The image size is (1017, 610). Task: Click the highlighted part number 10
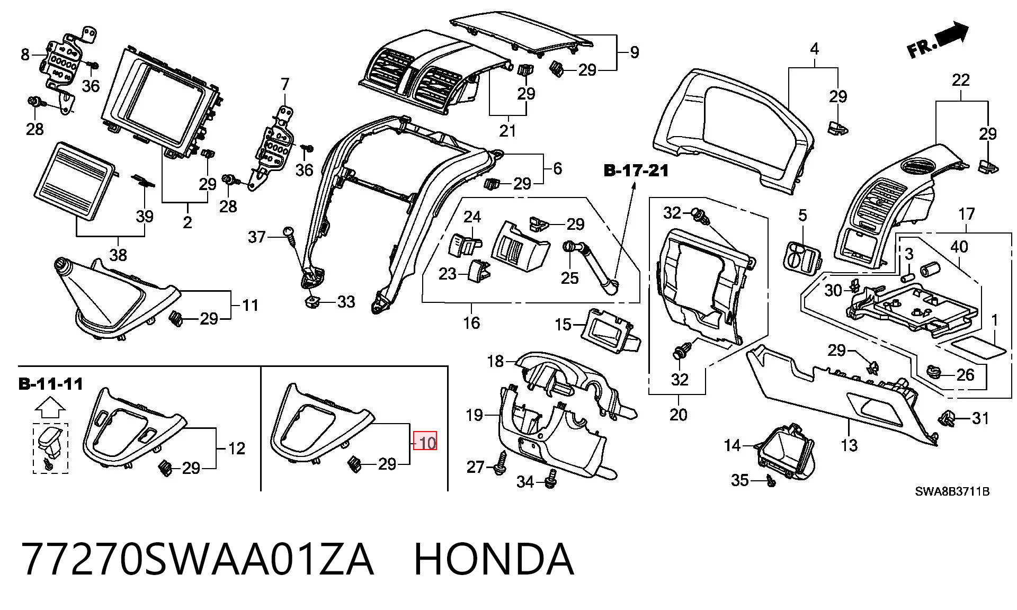coord(425,441)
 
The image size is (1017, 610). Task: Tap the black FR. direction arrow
coord(952,34)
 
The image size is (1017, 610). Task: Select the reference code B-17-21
coord(636,171)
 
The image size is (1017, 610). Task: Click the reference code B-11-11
coord(51,384)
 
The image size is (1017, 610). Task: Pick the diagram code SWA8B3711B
coord(952,492)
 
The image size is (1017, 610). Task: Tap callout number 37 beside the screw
coord(257,237)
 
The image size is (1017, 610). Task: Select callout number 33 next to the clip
coord(346,302)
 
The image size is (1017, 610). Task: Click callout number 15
coord(564,324)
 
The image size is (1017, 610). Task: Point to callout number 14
coord(733,445)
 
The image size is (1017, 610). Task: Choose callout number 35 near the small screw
coord(740,480)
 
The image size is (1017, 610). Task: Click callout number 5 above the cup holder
coord(802,216)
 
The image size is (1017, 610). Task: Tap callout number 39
coord(145,216)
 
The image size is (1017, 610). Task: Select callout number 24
coord(472,217)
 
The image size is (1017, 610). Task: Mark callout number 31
coord(980,418)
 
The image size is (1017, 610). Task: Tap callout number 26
coord(966,375)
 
